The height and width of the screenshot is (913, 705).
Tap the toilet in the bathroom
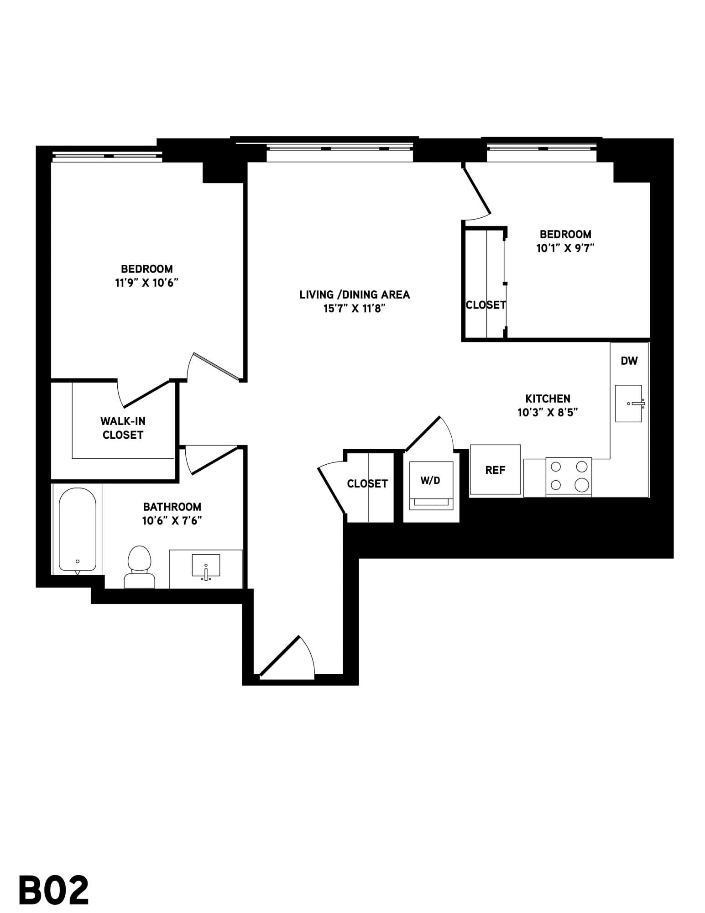pos(140,567)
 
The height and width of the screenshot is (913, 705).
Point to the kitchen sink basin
pos(629,404)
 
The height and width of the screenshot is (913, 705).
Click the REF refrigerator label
pos(495,470)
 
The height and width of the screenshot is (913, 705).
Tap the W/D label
pos(430,480)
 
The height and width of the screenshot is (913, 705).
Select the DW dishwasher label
pos(629,361)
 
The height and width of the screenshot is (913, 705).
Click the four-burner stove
pos(569,476)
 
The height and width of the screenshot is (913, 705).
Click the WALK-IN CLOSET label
pos(123,428)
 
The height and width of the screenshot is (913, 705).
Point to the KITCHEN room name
pos(548,398)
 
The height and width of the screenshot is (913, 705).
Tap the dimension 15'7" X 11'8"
pos(355,309)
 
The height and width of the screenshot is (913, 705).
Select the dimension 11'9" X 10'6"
pos(146,283)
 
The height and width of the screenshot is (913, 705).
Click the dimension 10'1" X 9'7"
pos(565,248)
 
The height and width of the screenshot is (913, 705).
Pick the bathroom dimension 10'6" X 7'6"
pos(172,520)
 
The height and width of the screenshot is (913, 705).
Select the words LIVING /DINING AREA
pos(355,294)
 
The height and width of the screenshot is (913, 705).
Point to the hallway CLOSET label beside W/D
pos(367,483)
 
